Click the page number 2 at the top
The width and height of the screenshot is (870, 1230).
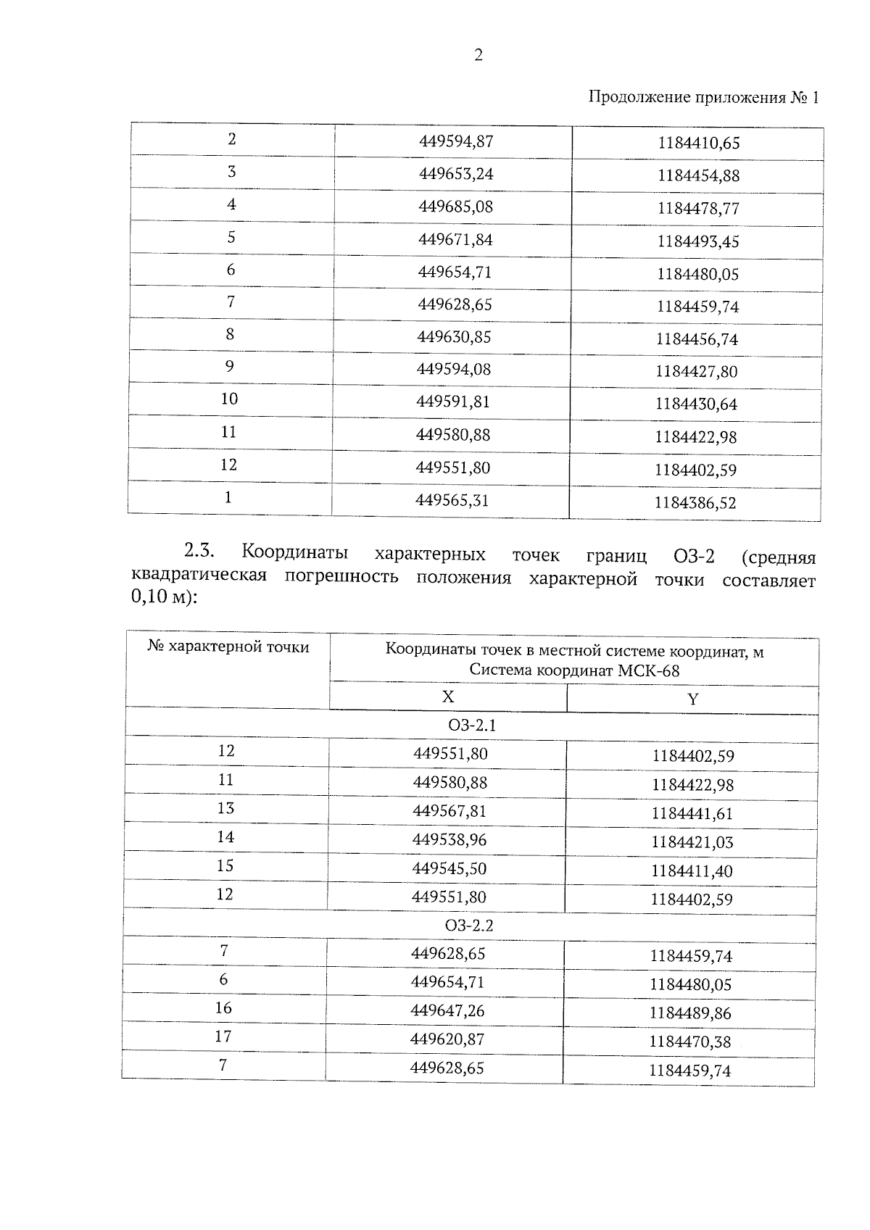pyautogui.click(x=478, y=55)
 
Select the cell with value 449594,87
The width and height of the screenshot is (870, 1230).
pyautogui.click(x=456, y=141)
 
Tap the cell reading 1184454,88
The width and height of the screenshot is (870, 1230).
pyautogui.click(x=698, y=176)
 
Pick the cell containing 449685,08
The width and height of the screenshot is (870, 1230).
pyautogui.click(x=455, y=207)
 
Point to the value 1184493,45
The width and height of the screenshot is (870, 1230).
pyautogui.click(x=698, y=241)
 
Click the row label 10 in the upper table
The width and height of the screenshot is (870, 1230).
pyautogui.click(x=229, y=399)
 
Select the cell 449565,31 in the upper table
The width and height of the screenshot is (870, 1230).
pyautogui.click(x=452, y=500)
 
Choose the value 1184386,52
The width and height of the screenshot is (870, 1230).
pyautogui.click(x=695, y=503)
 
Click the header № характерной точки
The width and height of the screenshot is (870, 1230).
pyautogui.click(x=228, y=647)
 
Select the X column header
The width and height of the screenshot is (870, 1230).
pyautogui.click(x=448, y=697)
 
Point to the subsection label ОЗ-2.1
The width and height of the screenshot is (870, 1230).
pyautogui.click(x=471, y=726)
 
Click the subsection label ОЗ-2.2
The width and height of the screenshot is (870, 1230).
pyautogui.click(x=469, y=926)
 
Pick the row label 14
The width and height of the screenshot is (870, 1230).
pyautogui.click(x=225, y=837)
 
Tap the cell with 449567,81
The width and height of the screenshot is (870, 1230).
pyautogui.click(x=449, y=811)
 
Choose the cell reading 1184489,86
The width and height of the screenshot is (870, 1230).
pyautogui.click(x=690, y=1013)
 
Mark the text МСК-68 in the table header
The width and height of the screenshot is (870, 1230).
pyautogui.click(x=649, y=670)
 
